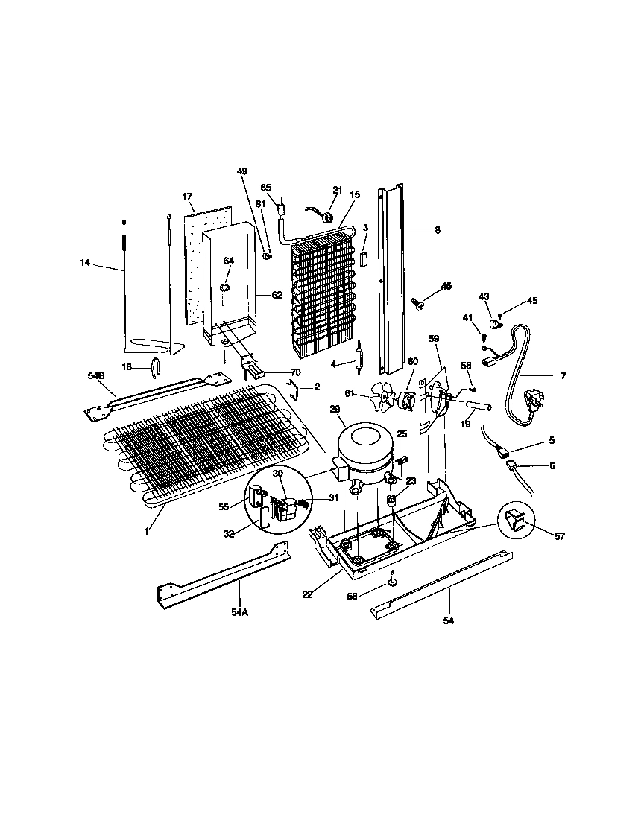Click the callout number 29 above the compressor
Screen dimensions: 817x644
(x=335, y=410)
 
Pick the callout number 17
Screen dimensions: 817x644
(x=187, y=197)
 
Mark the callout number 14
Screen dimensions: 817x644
(x=86, y=262)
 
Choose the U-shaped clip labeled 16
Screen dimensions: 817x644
(x=155, y=366)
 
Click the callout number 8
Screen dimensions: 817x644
(x=437, y=230)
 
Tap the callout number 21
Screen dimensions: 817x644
(x=338, y=191)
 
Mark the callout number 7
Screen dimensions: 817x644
(x=562, y=376)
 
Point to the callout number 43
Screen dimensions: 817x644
(x=483, y=296)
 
